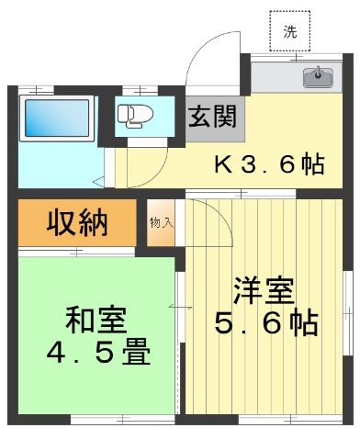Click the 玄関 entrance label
[x=214, y=117]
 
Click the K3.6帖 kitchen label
[x=268, y=165]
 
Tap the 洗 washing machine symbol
[x=290, y=31]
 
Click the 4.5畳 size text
[x=96, y=352]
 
